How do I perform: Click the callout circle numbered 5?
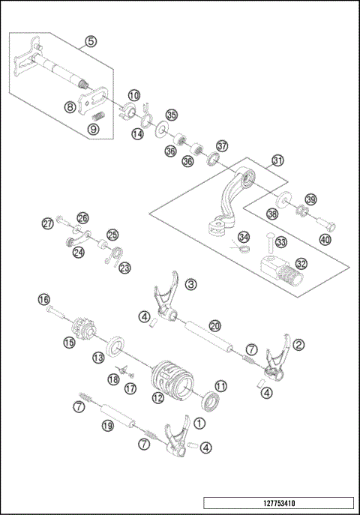90,42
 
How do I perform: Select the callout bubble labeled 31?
278,160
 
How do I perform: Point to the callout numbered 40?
324,240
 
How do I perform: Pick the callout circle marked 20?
214,325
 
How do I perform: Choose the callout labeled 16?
43,299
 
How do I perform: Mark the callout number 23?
124,267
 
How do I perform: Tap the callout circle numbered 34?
243,237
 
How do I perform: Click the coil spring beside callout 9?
97,116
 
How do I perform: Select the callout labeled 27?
47,223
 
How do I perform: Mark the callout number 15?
69,343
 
